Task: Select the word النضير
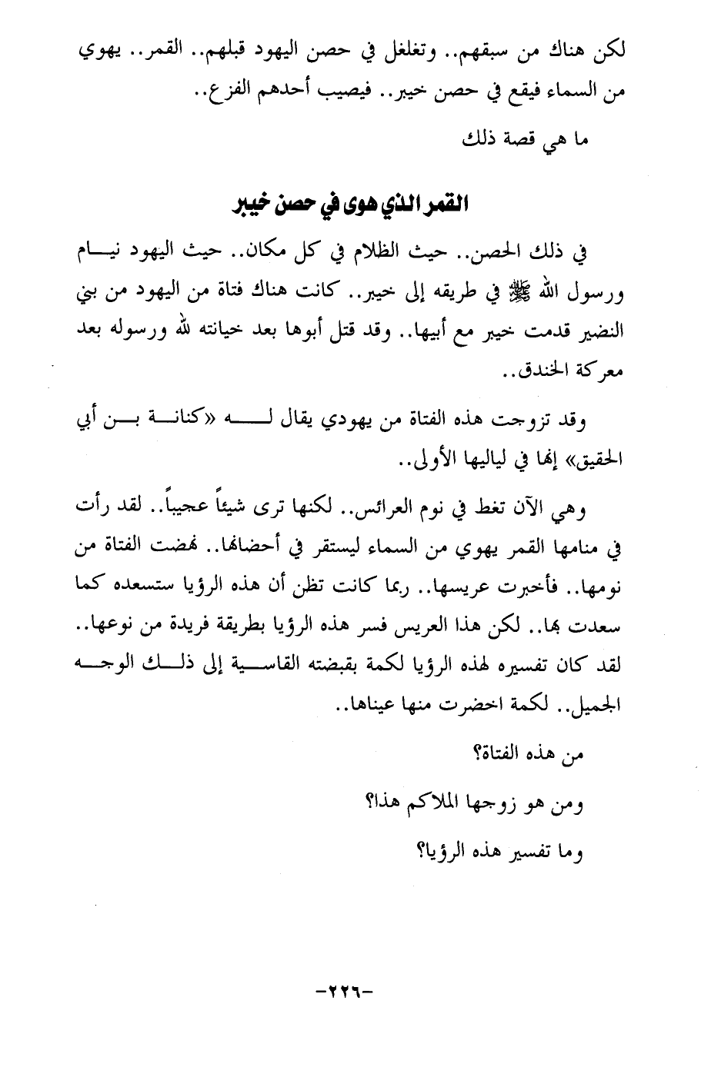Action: point(595,331)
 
